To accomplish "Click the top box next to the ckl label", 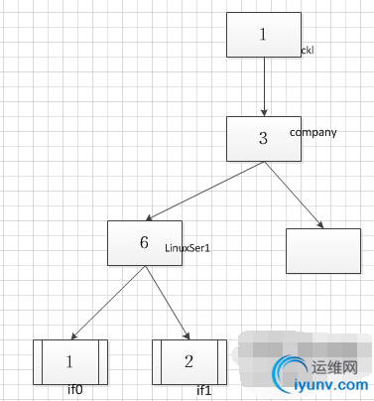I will coord(263,35).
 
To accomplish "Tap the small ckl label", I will coord(308,50).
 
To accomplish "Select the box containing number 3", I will coord(263,138).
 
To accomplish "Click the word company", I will coord(313,131).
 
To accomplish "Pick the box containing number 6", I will coord(144,242).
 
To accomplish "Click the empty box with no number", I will coord(322,250).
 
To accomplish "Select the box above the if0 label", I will coord(69,361).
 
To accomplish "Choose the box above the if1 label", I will coord(188,361).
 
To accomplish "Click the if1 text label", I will coord(204,390).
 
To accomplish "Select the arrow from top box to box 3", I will coord(264,87).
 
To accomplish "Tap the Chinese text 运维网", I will coord(334,364).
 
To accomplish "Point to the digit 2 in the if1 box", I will coord(188,361).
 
